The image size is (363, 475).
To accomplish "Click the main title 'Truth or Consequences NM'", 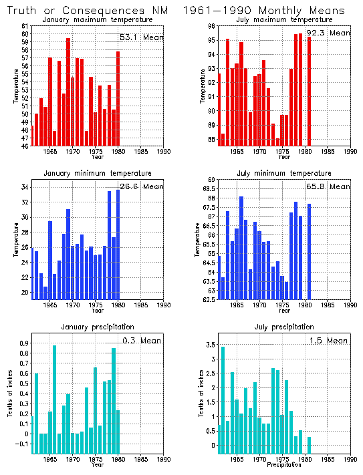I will (x=86, y=11).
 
